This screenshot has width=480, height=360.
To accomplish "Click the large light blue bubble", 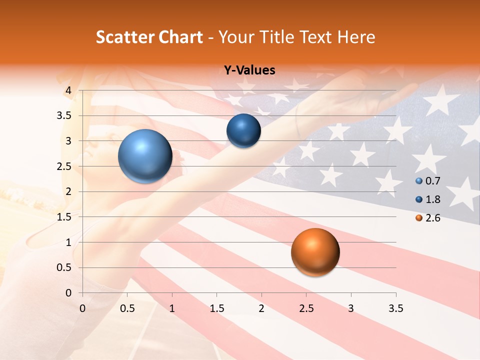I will click(x=145, y=156).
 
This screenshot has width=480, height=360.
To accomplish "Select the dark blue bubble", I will click(x=243, y=131).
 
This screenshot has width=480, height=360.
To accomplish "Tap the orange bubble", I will click(x=315, y=252).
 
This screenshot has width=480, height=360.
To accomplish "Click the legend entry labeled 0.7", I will click(x=427, y=181).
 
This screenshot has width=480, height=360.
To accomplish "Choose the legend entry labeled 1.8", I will click(x=427, y=199).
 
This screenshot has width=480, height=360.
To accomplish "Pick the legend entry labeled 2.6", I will click(x=427, y=218).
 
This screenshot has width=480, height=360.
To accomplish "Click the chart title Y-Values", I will click(x=249, y=70).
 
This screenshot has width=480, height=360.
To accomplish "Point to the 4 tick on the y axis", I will click(x=69, y=90).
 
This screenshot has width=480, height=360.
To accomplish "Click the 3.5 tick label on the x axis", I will click(x=395, y=308).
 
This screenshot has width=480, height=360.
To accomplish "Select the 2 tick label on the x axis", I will click(x=261, y=308).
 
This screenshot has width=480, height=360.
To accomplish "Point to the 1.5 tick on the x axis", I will click(x=216, y=308).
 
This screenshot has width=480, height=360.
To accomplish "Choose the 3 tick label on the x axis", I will click(x=351, y=308).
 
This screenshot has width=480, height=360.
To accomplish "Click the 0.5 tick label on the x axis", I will click(x=127, y=308).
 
